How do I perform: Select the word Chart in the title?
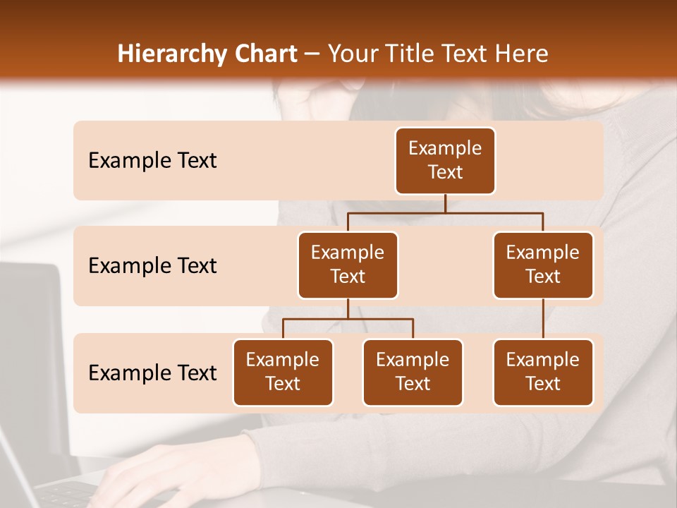pos(262,54)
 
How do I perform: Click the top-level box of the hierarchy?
pos(445,160)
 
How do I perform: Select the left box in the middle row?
pos(348,265)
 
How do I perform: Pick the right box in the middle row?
pos(543,265)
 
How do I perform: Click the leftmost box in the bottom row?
pos(283,372)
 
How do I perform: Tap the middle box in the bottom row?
pos(413,372)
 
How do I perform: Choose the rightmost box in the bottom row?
pos(543,372)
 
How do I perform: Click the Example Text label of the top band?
pos(152,161)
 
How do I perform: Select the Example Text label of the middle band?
pos(152,266)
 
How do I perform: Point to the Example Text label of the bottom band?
pos(152,373)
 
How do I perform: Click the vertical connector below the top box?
pos(445,203)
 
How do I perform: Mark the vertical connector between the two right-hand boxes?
pos(543,319)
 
